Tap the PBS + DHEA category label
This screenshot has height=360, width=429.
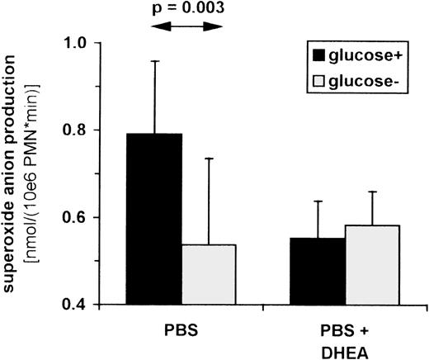coord(344,337)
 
